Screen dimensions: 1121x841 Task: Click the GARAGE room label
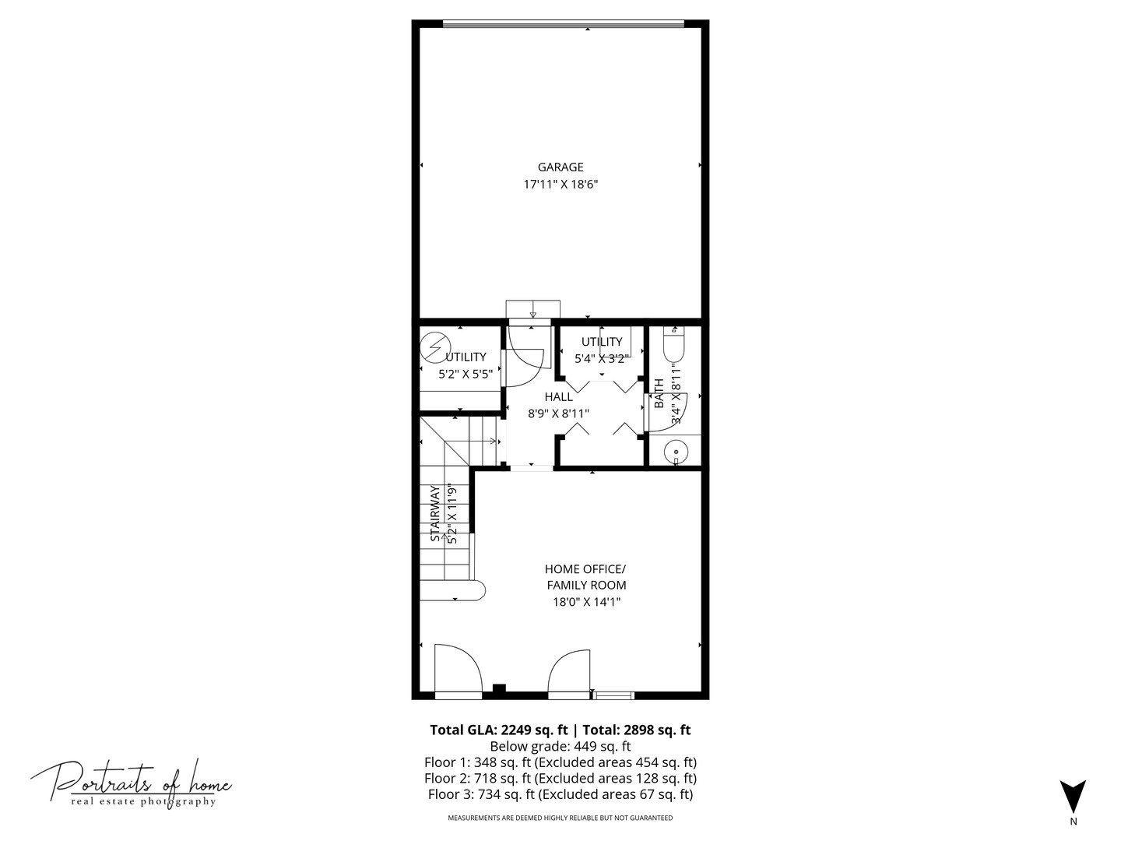(x=560, y=167)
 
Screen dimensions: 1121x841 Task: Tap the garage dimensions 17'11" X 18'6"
(x=560, y=185)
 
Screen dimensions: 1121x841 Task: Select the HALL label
(x=558, y=397)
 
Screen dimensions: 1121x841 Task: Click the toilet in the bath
(x=673, y=345)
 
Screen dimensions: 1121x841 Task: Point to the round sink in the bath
(x=676, y=452)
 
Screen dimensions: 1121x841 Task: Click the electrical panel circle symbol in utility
(x=436, y=348)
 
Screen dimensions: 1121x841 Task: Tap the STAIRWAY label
(x=435, y=513)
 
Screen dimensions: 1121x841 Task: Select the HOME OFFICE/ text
(x=585, y=568)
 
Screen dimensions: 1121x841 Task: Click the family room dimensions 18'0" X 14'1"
(x=586, y=602)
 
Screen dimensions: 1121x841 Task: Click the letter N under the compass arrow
(x=1073, y=822)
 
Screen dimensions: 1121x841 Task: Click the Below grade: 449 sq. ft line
(x=560, y=747)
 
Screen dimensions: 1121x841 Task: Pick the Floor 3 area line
(x=560, y=794)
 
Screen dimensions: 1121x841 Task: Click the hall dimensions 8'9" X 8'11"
(x=558, y=413)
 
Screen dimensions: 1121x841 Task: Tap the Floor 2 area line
(x=560, y=778)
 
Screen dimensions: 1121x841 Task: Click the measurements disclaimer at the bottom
(x=560, y=818)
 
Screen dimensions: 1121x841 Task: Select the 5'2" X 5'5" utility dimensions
(x=466, y=375)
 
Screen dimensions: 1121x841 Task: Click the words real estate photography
(x=143, y=801)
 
